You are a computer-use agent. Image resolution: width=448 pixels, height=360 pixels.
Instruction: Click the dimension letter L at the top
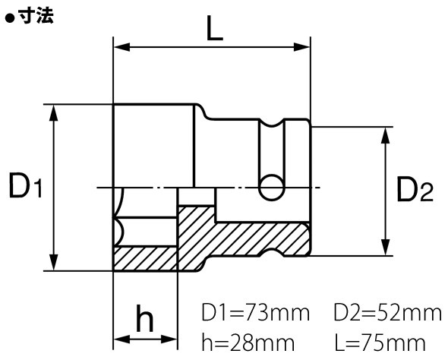point(214,29)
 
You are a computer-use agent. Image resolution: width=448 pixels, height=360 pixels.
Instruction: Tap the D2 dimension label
point(415,189)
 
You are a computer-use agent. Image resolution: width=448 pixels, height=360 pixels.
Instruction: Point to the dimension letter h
point(145,318)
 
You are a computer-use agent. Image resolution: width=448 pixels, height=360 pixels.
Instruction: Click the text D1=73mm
point(256,313)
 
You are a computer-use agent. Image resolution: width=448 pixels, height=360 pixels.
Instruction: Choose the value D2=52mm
point(388,313)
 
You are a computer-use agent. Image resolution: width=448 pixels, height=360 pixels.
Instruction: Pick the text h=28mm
point(248,343)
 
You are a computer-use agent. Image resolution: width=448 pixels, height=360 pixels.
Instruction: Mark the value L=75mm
point(380,343)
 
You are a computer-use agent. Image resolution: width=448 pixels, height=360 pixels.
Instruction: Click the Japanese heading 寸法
point(36,15)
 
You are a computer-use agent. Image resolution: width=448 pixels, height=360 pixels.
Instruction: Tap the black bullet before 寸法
point(10,18)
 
